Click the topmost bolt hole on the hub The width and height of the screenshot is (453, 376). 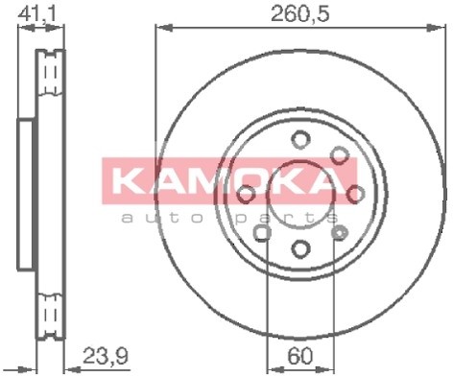click(x=300, y=138)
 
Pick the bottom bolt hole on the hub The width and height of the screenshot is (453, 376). click(x=300, y=250)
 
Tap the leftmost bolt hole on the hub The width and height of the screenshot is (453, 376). click(x=245, y=195)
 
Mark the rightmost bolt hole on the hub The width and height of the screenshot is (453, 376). click(x=356, y=194)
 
